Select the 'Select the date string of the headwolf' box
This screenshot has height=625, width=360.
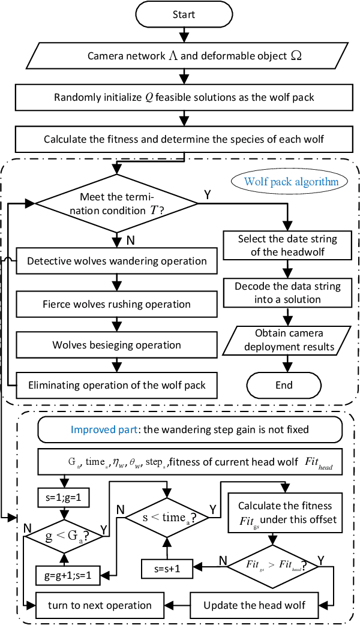tap(288, 245)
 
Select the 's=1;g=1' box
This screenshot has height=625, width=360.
tap(63, 497)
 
